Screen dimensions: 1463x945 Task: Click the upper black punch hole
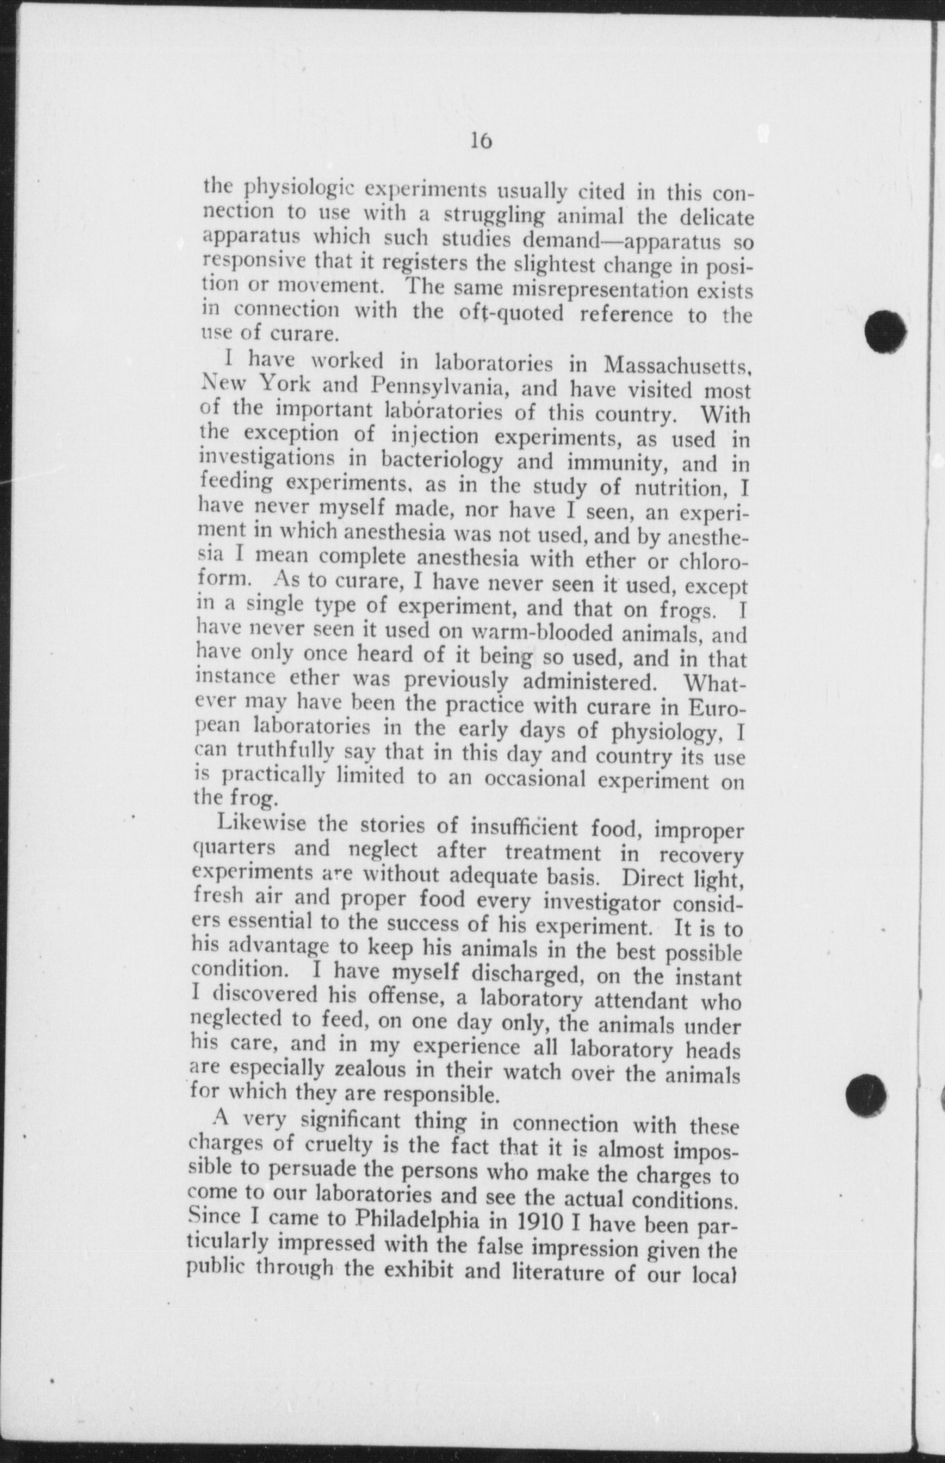click(884, 331)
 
